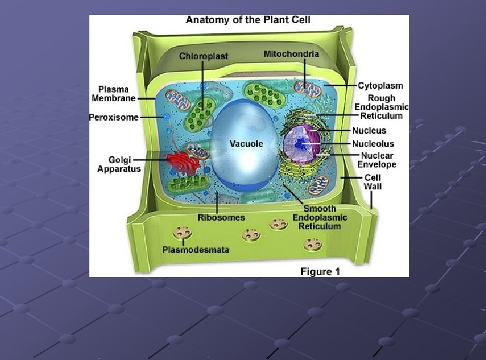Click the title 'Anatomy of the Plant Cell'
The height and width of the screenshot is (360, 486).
click(248, 20)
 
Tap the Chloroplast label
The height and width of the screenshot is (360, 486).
click(204, 56)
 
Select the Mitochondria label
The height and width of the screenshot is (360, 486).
click(291, 54)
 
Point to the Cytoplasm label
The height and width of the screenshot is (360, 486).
click(380, 86)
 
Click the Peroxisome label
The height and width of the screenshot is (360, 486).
click(114, 117)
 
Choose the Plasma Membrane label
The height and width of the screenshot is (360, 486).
click(114, 94)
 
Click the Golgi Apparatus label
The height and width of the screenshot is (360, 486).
click(119, 164)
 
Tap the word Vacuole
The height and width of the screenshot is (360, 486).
click(246, 144)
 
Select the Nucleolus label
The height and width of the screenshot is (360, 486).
click(374, 144)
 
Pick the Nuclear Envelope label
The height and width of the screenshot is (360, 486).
click(377, 160)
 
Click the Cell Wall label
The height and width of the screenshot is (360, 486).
click(373, 181)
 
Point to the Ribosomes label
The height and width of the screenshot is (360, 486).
click(221, 217)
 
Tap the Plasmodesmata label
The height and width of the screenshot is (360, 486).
click(196, 250)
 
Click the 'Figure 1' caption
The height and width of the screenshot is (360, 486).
click(320, 271)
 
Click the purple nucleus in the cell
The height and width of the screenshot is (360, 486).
click(301, 145)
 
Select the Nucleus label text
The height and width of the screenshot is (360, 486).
click(369, 131)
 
